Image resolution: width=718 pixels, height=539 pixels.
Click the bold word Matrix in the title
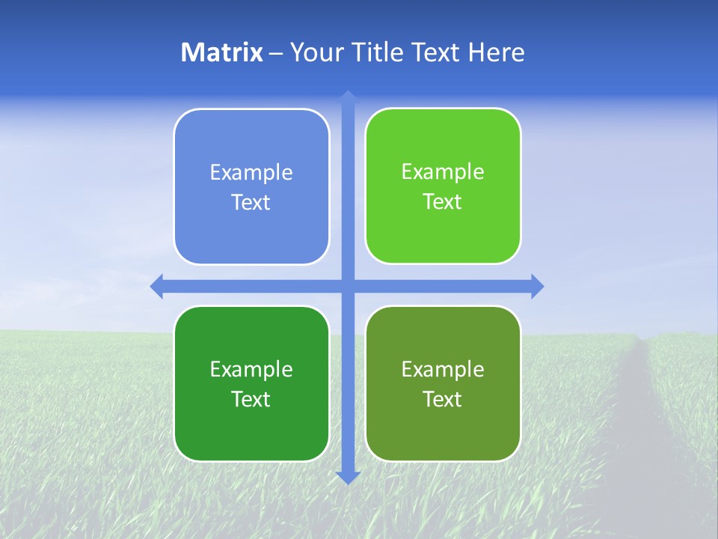point(222,52)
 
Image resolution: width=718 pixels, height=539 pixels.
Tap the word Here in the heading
point(496,52)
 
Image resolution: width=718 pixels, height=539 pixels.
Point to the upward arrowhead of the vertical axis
point(348,96)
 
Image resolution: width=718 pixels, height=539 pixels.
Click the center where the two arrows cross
point(348,286)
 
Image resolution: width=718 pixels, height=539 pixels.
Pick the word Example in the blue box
point(251,173)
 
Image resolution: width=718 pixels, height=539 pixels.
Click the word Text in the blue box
point(251,203)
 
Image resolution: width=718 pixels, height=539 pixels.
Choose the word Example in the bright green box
point(443,172)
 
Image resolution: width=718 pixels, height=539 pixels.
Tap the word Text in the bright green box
point(443,202)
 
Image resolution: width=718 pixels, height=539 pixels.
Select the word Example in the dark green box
point(251,369)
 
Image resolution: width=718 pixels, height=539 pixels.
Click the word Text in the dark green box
point(251,399)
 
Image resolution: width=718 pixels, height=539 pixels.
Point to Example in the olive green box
point(443,369)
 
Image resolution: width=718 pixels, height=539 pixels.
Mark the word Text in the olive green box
point(443,399)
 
